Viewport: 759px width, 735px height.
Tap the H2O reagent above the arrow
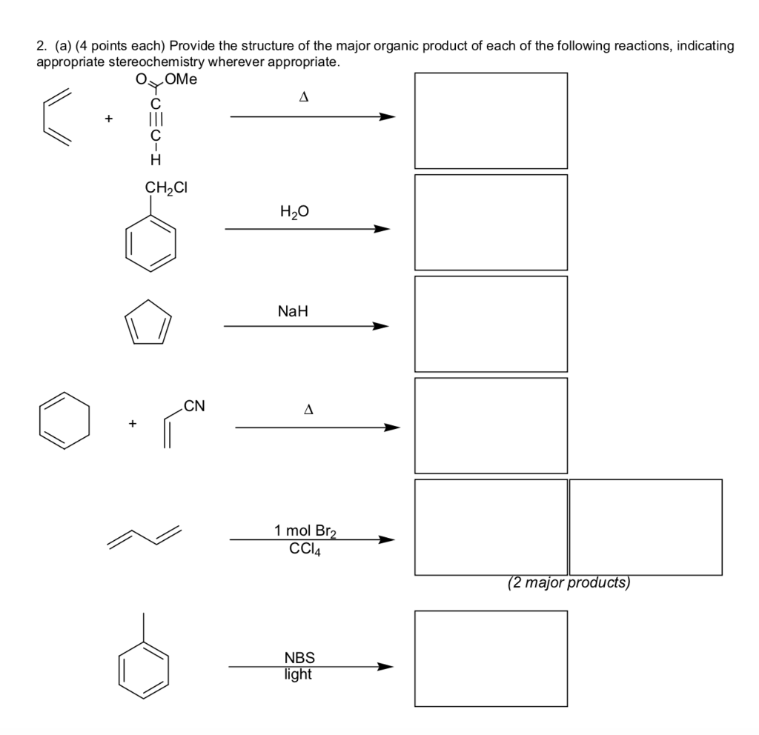[294, 213]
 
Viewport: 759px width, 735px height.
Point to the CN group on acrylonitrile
[195, 405]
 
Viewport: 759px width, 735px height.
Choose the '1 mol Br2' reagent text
[306, 531]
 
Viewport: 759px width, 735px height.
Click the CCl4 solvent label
[305, 549]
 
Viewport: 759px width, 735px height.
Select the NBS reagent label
[299, 657]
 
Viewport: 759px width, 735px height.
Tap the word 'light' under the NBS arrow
[298, 674]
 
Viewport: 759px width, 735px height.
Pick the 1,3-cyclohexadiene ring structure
[65, 421]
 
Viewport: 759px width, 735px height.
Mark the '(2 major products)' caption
[569, 583]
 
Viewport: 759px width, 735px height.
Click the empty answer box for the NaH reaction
[491, 323]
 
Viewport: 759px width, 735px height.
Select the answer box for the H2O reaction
[491, 222]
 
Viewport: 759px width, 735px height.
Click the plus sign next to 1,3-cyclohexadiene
[132, 424]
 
